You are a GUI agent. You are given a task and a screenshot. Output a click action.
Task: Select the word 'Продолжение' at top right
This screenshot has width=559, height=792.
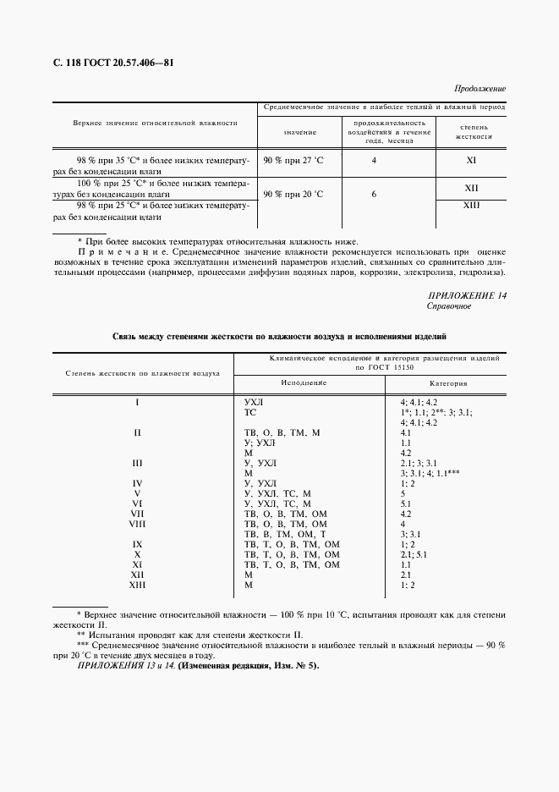[x=480, y=88]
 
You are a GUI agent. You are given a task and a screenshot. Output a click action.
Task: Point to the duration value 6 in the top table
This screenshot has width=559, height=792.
[x=374, y=194]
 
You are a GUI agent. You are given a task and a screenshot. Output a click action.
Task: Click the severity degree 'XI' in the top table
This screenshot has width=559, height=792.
[x=471, y=159]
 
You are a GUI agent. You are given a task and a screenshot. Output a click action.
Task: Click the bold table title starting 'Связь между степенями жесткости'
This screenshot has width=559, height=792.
[x=279, y=337]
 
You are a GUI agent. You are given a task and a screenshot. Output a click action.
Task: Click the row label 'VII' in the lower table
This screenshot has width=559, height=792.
[x=137, y=514]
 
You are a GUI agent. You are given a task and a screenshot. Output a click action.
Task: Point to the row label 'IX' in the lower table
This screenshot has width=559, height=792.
[x=137, y=544]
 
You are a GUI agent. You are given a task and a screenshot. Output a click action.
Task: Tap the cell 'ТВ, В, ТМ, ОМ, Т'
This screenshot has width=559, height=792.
[x=291, y=534]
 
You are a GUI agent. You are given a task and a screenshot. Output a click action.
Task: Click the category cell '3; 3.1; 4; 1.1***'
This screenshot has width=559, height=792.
[x=430, y=473]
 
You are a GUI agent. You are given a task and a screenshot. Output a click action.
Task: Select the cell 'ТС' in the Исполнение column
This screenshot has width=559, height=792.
[x=250, y=412]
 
